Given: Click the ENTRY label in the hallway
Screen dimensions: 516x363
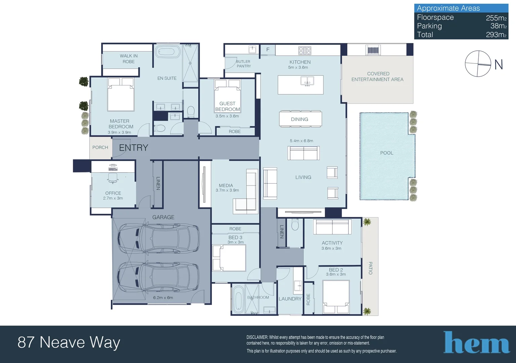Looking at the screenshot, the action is [x=133, y=148].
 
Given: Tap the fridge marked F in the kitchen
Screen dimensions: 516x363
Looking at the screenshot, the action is [x=268, y=50].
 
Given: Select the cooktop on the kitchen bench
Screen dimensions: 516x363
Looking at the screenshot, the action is [x=305, y=50].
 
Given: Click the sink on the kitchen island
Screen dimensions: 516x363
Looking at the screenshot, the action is [x=307, y=81].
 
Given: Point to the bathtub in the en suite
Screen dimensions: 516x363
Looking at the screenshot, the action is [x=168, y=51].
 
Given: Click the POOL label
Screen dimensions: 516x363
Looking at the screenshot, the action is [x=387, y=153].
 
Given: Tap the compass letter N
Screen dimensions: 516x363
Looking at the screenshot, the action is [x=499, y=65].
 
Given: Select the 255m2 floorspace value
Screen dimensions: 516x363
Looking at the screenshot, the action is [x=496, y=18].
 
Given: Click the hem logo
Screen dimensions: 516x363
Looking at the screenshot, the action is [x=476, y=342].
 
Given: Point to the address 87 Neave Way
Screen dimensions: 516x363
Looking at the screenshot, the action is [x=69, y=342].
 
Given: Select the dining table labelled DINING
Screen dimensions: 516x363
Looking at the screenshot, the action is [x=300, y=119].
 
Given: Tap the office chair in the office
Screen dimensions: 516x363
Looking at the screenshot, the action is [x=113, y=178].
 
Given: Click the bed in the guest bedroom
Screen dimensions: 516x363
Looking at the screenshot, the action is [x=227, y=96].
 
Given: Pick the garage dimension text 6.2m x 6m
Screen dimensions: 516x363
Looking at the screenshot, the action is [x=163, y=297].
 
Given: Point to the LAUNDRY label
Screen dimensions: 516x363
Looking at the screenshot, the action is [x=290, y=299].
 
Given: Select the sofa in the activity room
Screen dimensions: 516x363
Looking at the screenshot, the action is [x=332, y=227].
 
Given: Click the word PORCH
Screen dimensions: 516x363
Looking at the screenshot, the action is [x=100, y=147].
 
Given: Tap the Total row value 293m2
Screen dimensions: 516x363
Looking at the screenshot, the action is [x=496, y=35].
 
